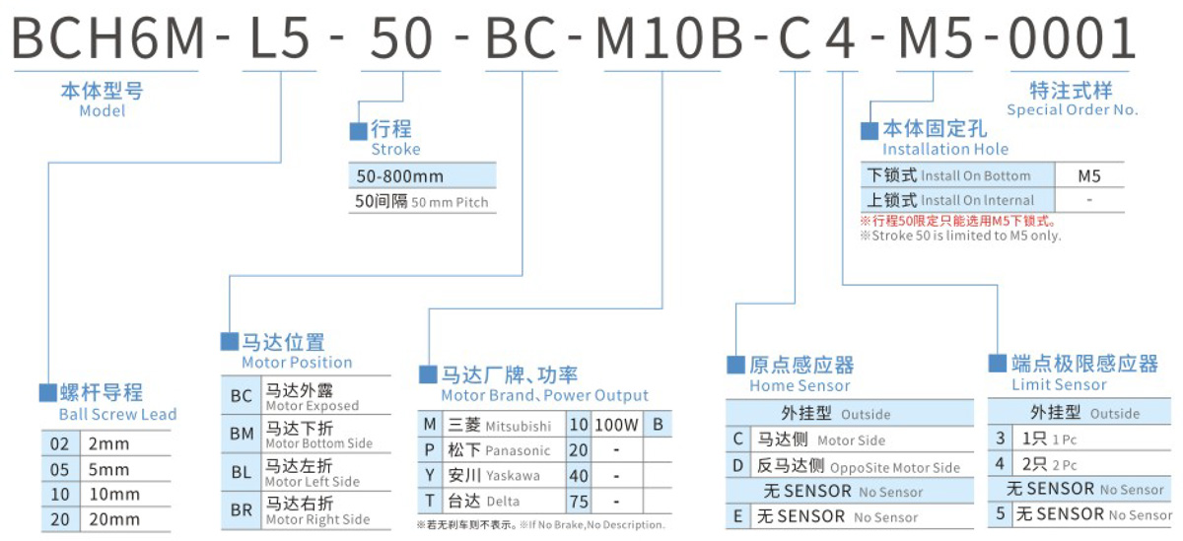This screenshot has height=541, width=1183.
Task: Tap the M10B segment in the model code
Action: [x=672, y=39]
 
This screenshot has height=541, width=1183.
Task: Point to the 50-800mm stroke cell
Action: [x=400, y=176]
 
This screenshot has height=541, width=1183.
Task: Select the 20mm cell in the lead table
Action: [x=108, y=519]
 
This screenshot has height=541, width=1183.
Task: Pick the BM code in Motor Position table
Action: [x=241, y=435]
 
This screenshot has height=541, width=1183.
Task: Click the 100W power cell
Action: [x=617, y=426]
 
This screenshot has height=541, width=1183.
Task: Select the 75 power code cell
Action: [x=579, y=502]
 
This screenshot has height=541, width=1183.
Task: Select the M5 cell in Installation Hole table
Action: [x=1089, y=176]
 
